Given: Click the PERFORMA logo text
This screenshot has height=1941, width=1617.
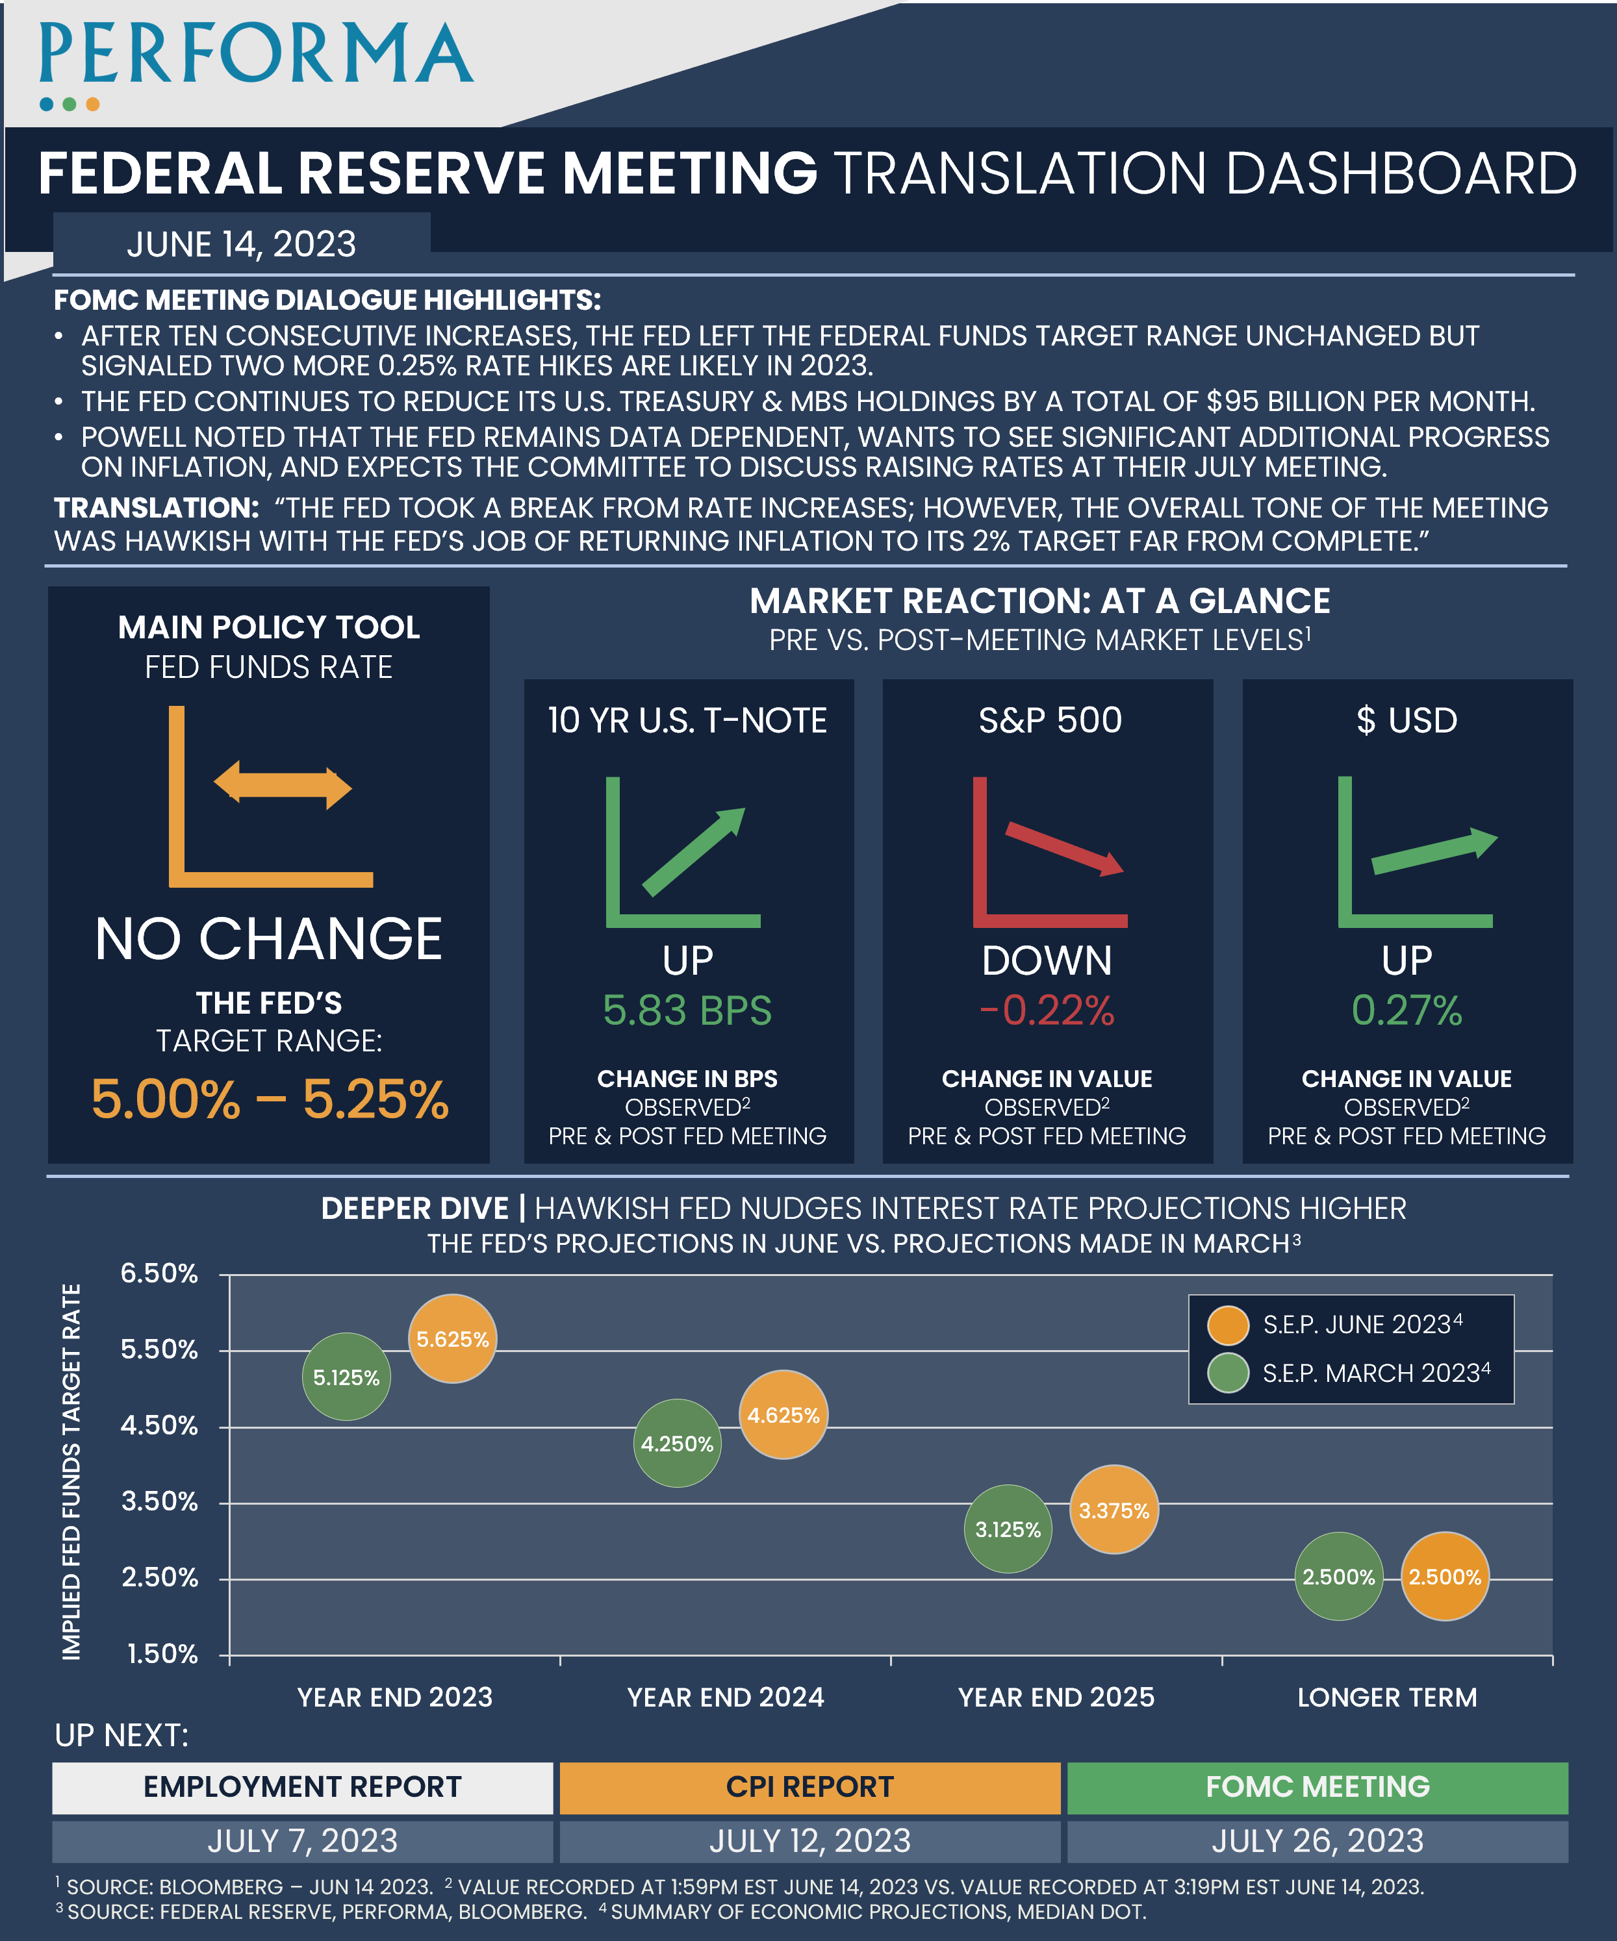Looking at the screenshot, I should (x=256, y=55).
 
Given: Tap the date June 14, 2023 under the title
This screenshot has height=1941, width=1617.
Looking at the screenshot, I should (x=240, y=244).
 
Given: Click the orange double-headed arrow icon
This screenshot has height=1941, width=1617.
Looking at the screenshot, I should (x=282, y=786).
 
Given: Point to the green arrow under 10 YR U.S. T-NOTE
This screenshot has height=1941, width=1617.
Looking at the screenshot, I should (x=693, y=850).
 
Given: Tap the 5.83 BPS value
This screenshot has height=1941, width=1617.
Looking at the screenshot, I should (x=687, y=1010).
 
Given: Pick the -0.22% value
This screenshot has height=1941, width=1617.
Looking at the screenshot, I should (x=1047, y=1010).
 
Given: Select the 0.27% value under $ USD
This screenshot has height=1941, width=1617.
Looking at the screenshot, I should (x=1407, y=1010).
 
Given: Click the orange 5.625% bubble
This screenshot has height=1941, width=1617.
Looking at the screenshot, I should (x=452, y=1338).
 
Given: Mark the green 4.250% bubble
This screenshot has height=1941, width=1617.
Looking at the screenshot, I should (x=677, y=1444).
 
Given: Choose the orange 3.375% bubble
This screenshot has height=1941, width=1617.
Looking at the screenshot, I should (x=1114, y=1510).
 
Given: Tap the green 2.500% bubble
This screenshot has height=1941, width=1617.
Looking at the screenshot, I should (x=1338, y=1577).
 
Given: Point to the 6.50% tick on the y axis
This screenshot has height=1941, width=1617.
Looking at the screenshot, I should (x=159, y=1273).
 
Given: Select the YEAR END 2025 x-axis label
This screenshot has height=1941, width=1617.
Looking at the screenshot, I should (x=1056, y=1697).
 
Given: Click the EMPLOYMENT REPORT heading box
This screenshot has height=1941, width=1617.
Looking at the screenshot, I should (x=302, y=1786).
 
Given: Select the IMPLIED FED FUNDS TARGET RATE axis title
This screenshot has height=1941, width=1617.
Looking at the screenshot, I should (x=71, y=1471).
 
